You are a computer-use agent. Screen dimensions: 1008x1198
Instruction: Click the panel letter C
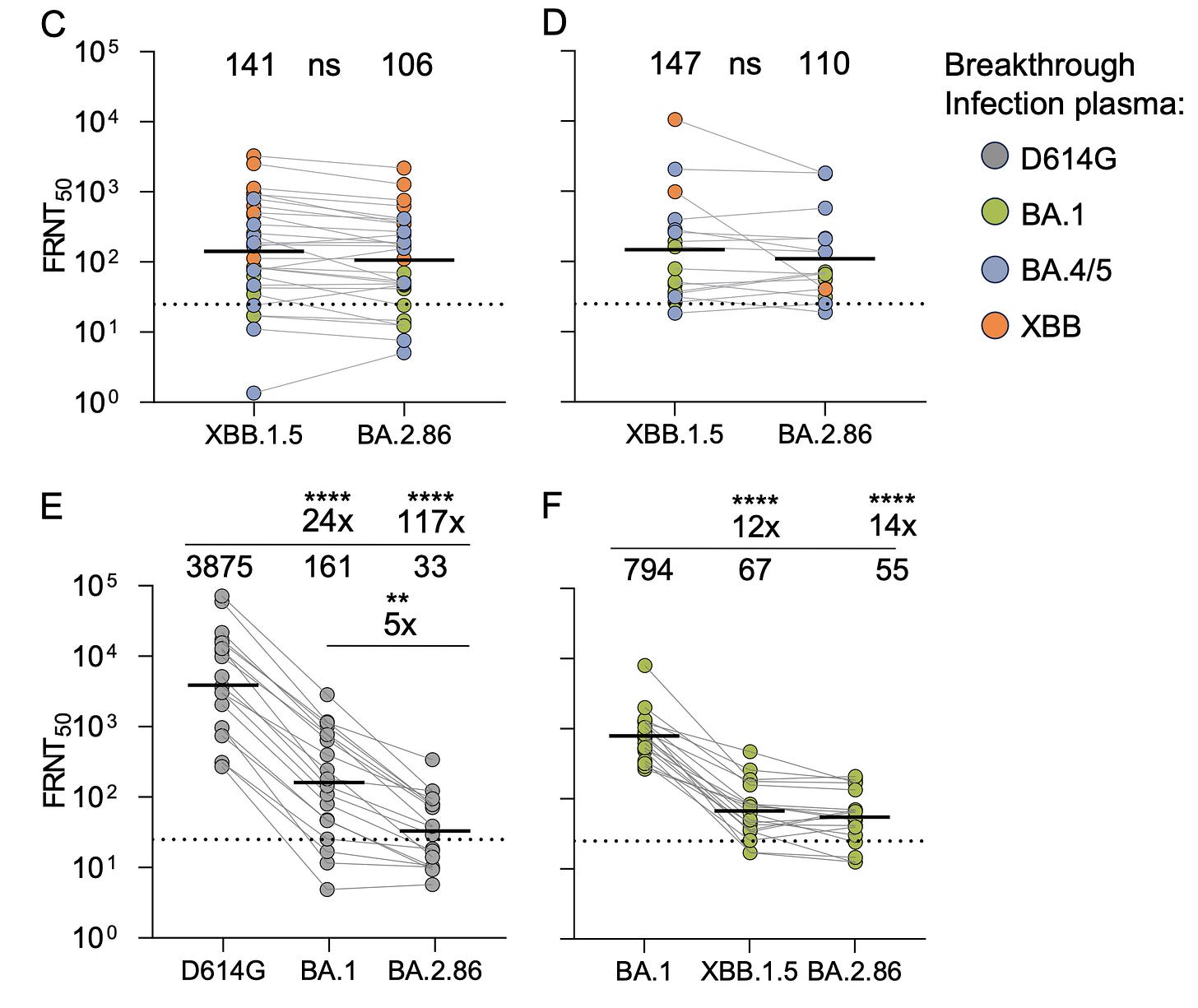pyautogui.click(x=53, y=24)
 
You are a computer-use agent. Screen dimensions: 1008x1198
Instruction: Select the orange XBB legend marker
pyautogui.click(x=996, y=326)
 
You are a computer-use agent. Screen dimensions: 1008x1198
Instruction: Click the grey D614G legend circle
pyautogui.click(x=996, y=156)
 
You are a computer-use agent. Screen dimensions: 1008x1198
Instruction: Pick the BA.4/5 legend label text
pyautogui.click(x=1066, y=271)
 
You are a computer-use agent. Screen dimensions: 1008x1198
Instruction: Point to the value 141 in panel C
pyautogui.click(x=251, y=65)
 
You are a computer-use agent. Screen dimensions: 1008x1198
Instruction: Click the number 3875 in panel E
pyautogui.click(x=220, y=567)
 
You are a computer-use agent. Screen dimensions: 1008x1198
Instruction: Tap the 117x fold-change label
pyautogui.click(x=431, y=522)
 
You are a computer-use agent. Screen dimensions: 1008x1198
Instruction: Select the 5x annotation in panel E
pyautogui.click(x=400, y=625)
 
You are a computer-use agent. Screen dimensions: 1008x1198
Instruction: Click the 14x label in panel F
pyautogui.click(x=892, y=525)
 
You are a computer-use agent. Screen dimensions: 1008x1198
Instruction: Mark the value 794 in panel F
pyautogui.click(x=648, y=569)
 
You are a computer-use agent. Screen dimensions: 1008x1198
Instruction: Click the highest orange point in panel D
pyautogui.click(x=675, y=119)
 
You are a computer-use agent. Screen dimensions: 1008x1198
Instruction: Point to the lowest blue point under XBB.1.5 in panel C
pyautogui.click(x=253, y=393)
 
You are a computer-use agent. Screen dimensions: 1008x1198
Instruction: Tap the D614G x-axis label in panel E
pyautogui.click(x=223, y=971)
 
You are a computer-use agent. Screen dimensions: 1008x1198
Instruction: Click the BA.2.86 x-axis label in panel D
pyautogui.click(x=824, y=434)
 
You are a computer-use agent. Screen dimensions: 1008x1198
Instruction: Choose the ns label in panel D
pyautogui.click(x=745, y=64)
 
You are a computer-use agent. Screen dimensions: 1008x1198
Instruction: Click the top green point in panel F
pyautogui.click(x=644, y=665)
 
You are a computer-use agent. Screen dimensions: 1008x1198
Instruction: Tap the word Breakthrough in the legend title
pyautogui.click(x=1039, y=65)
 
